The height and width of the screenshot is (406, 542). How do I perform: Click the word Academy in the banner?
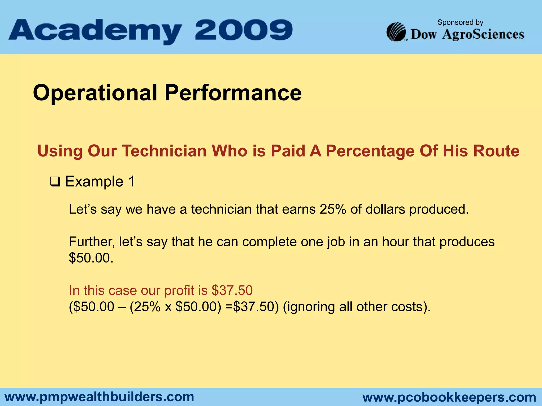pos(95,31)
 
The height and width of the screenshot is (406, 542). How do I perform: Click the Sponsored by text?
pos(460,22)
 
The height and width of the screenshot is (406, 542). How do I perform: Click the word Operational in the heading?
pos(95,93)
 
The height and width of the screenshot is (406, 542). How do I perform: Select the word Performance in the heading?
pos(233,93)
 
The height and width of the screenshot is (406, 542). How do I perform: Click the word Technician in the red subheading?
pos(164,151)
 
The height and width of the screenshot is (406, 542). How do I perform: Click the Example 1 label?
pos(100,182)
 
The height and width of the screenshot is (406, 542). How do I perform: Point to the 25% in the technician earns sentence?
pos(333,209)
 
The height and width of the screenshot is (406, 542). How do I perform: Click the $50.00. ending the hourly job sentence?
pos(91,258)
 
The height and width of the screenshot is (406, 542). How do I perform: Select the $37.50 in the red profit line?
pos(232,290)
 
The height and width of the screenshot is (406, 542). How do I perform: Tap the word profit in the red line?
pos(179,290)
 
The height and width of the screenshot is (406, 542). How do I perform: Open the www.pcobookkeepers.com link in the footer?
pos(449,397)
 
